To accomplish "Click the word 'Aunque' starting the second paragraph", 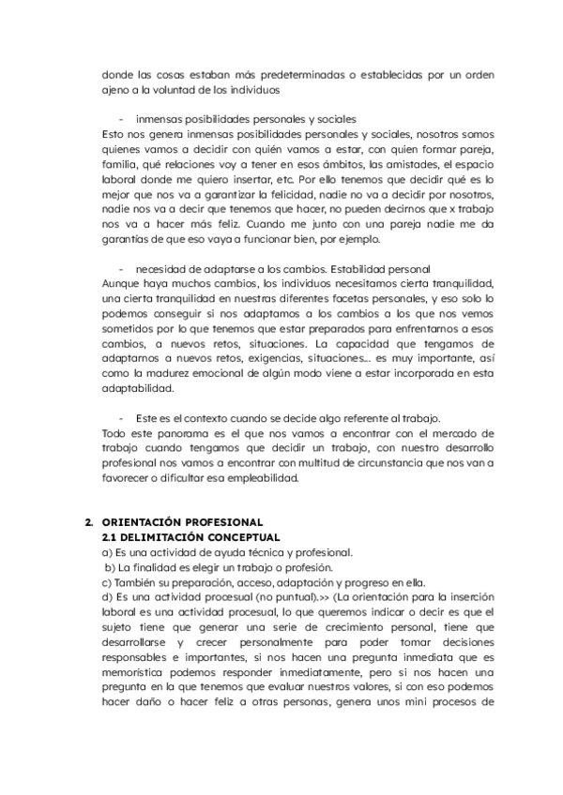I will (119, 285).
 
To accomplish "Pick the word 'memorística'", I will (132, 672).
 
